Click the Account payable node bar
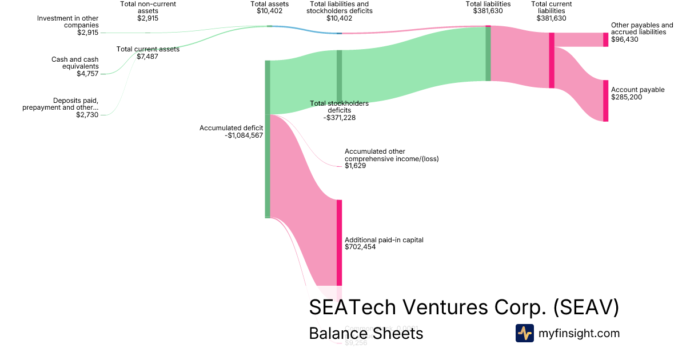605,101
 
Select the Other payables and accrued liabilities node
605,39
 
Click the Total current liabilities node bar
552,60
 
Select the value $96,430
624,40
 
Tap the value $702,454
360,247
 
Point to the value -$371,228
339,117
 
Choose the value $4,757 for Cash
87,74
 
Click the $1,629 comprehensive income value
355,166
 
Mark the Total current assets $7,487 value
148,57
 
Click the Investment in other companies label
68,22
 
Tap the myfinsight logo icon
524,333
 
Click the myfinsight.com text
579,333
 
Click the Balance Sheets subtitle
366,333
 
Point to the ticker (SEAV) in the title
586,307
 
